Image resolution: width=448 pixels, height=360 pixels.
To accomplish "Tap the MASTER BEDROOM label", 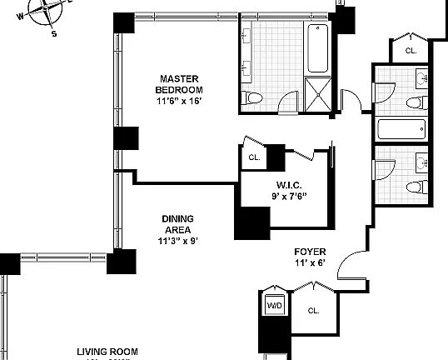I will click(177, 84).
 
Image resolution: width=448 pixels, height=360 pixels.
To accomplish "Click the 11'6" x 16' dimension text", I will click(178, 102).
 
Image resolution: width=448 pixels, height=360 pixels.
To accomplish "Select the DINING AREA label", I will click(179, 225).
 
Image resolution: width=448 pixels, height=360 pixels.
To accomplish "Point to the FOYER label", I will click(309, 251).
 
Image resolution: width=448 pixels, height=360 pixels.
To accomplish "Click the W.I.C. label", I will click(289, 185).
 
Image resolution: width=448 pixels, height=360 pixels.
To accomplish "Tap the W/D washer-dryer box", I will click(274, 306).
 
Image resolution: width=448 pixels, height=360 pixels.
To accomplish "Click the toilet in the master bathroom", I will click(254, 98).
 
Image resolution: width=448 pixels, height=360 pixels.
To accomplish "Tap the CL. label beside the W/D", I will click(313, 311).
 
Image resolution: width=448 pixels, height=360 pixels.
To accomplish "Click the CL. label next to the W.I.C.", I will click(254, 156).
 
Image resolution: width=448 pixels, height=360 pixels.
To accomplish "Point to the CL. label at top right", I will click(411, 51).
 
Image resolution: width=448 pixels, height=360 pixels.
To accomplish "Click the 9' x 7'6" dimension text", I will click(289, 197).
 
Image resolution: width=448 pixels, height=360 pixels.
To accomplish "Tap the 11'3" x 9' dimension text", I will click(179, 242).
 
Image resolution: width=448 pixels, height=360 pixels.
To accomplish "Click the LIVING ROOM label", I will click(107, 352).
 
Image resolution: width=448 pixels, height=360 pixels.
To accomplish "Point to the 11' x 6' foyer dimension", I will click(309, 262).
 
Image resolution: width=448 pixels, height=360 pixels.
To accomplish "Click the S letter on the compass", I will click(54, 34).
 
